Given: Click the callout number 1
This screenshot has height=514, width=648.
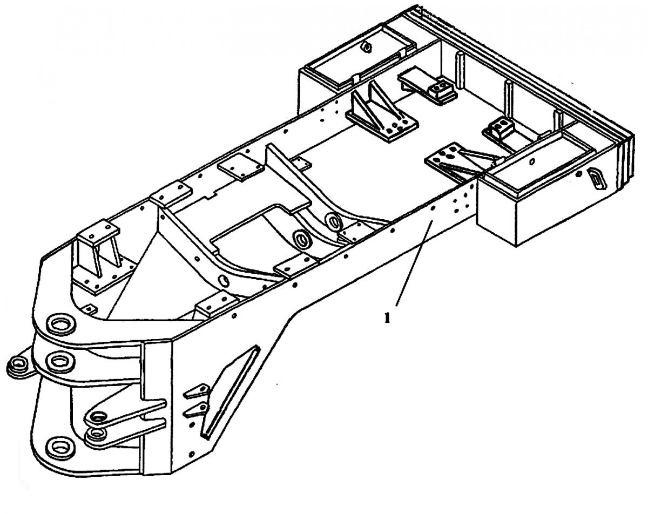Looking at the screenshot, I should [386, 318].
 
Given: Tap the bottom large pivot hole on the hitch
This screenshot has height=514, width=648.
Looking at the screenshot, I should [58, 446].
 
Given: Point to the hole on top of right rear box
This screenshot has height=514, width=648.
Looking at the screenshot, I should [532, 160].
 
